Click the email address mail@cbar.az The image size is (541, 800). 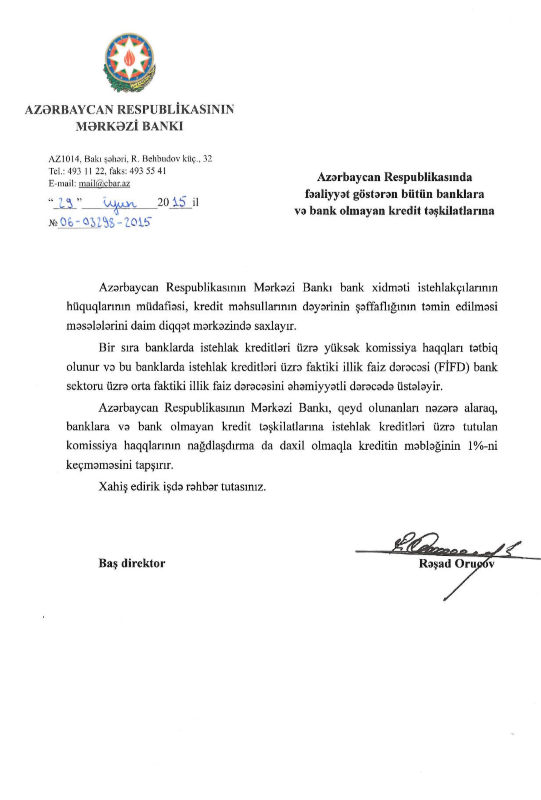coord(104,183)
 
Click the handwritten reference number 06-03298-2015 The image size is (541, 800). coord(105,223)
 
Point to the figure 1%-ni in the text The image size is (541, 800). coord(482,446)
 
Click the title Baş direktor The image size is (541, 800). coord(132,563)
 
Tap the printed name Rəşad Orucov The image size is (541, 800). coord(456,563)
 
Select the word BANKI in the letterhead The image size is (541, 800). coord(162,126)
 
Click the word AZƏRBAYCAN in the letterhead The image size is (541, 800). coord(69,109)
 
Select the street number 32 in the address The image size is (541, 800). coord(208,159)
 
